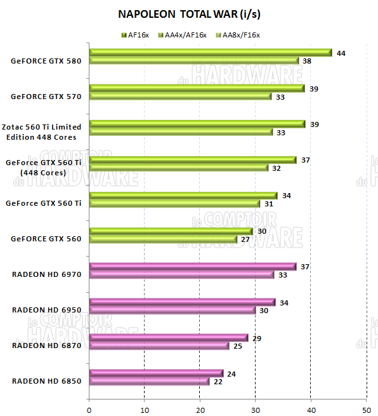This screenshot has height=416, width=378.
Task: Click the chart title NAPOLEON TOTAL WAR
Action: point(189,13)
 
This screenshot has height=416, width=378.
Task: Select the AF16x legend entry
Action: point(134,35)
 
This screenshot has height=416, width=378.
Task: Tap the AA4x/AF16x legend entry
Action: point(183,35)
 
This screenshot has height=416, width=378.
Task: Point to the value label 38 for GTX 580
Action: point(307,61)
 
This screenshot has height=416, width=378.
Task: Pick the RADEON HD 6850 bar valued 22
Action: point(149,381)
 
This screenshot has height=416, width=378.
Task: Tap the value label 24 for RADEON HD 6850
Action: point(231,374)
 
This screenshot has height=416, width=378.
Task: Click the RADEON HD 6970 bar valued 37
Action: point(193,267)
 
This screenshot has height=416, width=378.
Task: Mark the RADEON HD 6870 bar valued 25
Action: point(159,346)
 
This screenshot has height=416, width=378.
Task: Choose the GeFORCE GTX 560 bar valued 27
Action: point(163,239)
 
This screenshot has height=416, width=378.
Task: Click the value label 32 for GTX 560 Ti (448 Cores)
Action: point(276,168)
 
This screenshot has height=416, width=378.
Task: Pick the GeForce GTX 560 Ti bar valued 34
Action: point(183,196)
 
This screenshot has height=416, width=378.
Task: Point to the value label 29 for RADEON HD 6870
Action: point(256,339)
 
